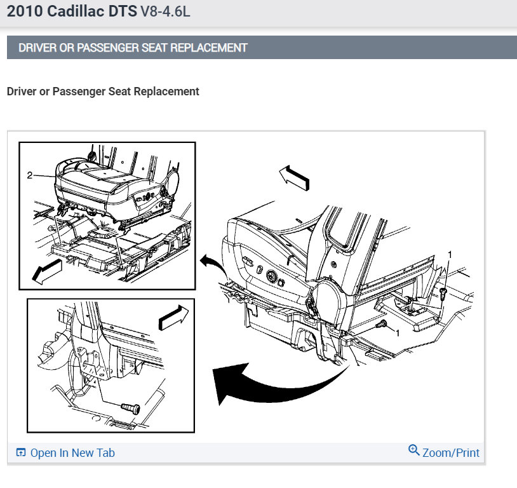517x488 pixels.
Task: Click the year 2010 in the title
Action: click(x=25, y=11)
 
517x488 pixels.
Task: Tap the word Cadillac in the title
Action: click(x=76, y=11)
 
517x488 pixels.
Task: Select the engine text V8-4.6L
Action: click(x=165, y=11)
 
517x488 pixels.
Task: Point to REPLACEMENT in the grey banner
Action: click(x=209, y=48)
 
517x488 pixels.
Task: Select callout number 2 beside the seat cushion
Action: click(x=30, y=175)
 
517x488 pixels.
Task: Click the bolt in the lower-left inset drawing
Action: click(x=131, y=408)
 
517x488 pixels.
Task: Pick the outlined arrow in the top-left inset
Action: click(x=47, y=271)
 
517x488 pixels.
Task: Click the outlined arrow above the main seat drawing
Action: click(x=295, y=178)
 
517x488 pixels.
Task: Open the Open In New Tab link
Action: click(x=72, y=452)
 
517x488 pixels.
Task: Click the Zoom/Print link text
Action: click(x=451, y=452)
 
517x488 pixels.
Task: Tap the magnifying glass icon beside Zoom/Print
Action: click(x=414, y=450)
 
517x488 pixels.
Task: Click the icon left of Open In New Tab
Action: click(x=21, y=452)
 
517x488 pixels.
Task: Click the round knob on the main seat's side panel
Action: click(x=272, y=276)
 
